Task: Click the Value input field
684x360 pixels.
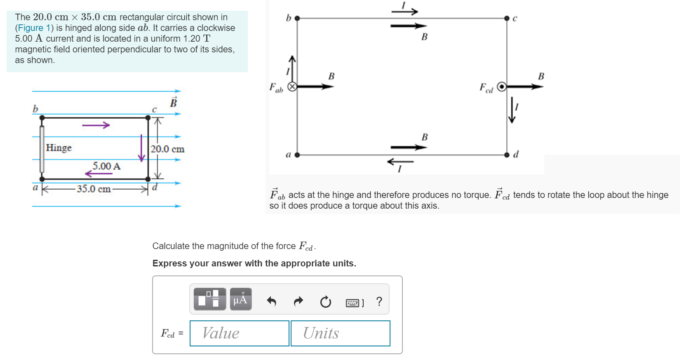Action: tap(239, 333)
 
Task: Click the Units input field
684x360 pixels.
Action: tap(340, 333)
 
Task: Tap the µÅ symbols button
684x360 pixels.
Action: tap(241, 299)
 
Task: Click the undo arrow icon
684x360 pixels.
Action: tap(271, 302)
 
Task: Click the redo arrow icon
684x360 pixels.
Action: tap(298, 302)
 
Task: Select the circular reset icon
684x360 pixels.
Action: tap(325, 302)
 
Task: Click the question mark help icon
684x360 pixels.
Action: tap(379, 301)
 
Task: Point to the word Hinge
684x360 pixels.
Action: tap(59, 148)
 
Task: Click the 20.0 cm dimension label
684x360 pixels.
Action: tap(167, 149)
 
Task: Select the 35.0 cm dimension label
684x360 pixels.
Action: tap(94, 189)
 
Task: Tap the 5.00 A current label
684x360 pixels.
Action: tap(106, 166)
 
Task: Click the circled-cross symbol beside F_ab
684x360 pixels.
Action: tap(292, 87)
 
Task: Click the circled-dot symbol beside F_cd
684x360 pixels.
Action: tap(501, 87)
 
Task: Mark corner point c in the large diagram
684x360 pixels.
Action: tap(507, 18)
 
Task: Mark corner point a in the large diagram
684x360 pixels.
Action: tap(297, 155)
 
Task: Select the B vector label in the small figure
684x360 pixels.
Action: tap(174, 102)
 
